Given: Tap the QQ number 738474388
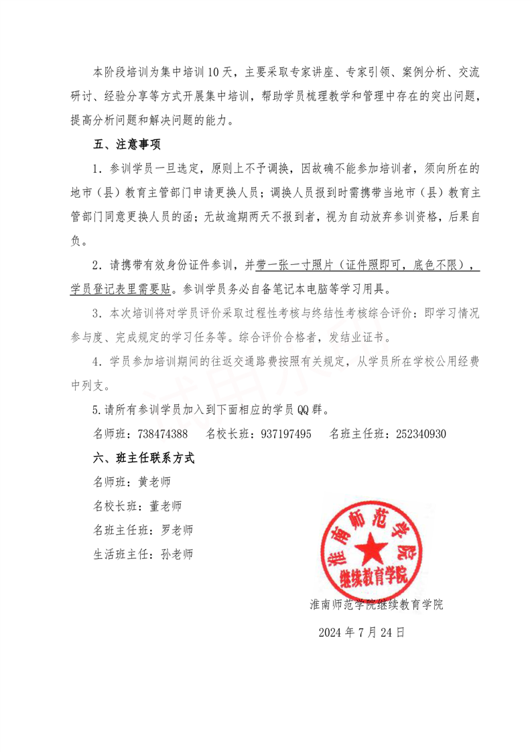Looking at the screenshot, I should tap(162, 434).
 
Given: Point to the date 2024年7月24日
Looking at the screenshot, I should tap(361, 631).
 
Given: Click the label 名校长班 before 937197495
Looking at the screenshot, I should tap(227, 434).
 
